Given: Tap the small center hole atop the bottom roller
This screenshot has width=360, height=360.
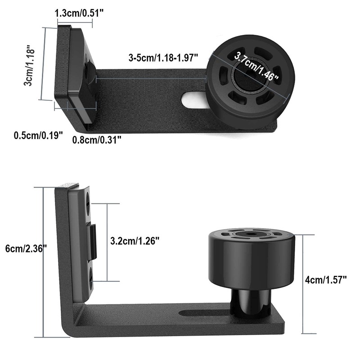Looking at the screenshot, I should (x=249, y=234).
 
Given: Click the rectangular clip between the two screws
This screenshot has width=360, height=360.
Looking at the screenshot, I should (x=92, y=242).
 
